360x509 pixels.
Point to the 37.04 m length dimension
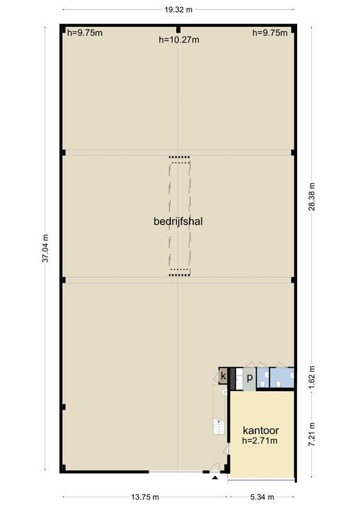(45, 248)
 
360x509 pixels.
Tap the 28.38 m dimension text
(312, 201)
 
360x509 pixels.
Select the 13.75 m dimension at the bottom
(144, 497)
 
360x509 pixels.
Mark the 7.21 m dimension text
(312, 433)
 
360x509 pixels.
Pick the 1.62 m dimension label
(312, 378)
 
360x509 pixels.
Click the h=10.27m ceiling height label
(178, 40)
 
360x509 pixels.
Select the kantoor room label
(261, 430)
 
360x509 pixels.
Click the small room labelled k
(223, 376)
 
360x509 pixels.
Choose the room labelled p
(249, 378)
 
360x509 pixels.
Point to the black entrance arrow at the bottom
(215, 479)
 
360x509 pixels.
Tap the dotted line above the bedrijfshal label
(180, 157)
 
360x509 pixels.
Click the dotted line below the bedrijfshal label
(180, 270)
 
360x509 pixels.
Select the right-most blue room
(283, 378)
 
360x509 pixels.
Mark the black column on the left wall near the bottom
(63, 406)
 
